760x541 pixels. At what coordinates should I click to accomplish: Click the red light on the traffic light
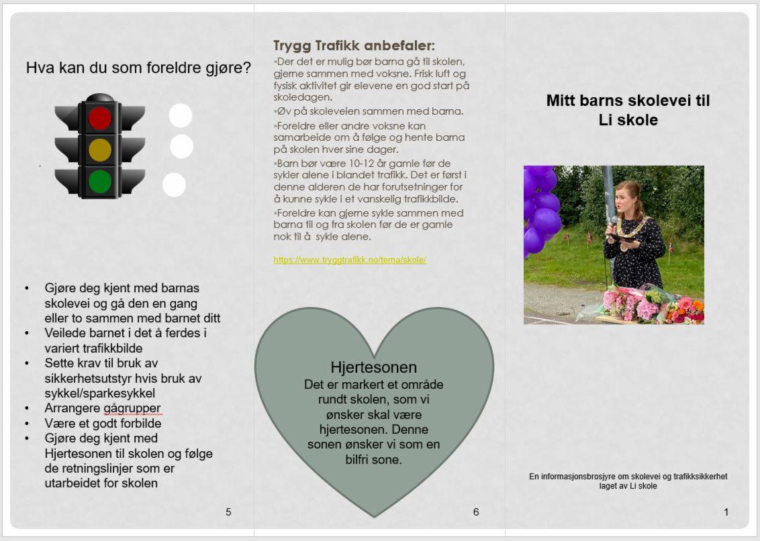(x=100, y=119)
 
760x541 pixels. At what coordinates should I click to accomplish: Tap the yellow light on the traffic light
(x=100, y=150)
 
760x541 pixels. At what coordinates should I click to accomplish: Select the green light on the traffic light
(x=100, y=181)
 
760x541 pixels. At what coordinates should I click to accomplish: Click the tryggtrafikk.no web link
(x=350, y=259)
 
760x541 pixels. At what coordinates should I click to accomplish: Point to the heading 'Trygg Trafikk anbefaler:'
(x=354, y=46)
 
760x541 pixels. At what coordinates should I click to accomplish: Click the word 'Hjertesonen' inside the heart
(x=374, y=367)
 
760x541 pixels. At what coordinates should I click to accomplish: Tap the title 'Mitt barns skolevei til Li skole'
(x=628, y=110)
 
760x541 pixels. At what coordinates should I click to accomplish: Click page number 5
(x=228, y=512)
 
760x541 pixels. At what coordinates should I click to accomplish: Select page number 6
(x=476, y=512)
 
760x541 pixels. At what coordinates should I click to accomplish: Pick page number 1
(x=726, y=512)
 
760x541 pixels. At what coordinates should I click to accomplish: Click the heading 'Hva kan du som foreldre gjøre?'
(x=139, y=68)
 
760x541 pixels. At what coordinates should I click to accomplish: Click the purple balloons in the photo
(x=540, y=208)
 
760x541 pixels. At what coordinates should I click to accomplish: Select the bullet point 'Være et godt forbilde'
(x=103, y=423)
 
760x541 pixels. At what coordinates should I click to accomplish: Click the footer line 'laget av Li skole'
(x=628, y=486)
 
